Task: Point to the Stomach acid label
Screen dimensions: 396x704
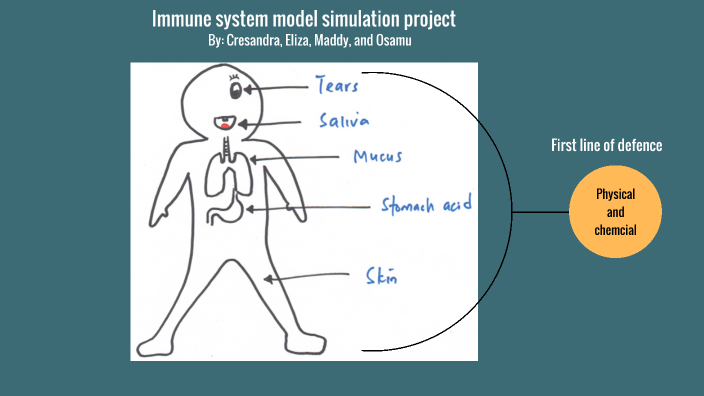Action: click(426, 206)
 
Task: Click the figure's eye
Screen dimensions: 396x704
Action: click(237, 91)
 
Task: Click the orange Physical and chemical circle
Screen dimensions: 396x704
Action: click(616, 212)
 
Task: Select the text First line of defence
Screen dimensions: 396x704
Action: click(606, 145)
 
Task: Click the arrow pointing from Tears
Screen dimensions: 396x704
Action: click(276, 89)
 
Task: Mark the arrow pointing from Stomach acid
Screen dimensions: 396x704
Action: click(308, 208)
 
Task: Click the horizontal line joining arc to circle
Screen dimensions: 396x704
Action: click(541, 212)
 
